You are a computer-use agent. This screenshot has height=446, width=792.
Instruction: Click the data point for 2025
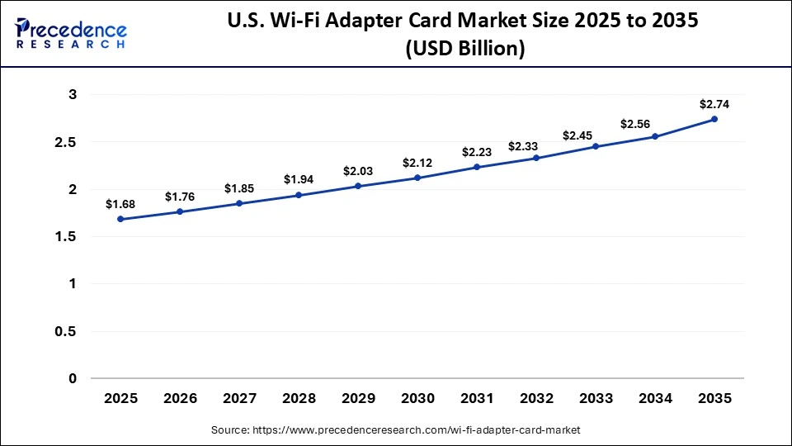point(121,219)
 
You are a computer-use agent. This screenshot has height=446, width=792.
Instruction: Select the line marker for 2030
point(417,178)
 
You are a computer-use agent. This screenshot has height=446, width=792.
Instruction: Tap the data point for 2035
point(714,119)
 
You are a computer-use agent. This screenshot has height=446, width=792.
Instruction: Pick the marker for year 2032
point(536,158)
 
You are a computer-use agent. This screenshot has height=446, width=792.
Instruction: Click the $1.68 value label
point(121,203)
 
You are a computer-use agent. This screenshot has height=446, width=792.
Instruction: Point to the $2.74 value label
point(714,104)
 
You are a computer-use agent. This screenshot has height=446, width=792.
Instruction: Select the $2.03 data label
point(358,171)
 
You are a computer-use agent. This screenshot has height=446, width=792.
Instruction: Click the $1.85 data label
point(239,188)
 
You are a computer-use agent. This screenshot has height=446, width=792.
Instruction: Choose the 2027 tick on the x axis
point(239,398)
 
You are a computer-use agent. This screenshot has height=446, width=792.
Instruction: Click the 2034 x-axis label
point(655,398)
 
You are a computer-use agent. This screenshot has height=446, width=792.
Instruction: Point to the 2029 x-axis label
point(358,398)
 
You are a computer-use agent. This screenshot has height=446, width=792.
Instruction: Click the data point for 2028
point(299,195)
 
